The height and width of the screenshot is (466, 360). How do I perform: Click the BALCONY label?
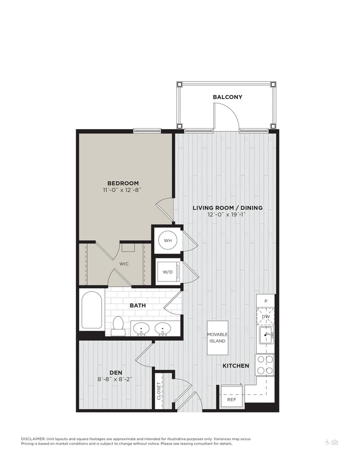click(227, 97)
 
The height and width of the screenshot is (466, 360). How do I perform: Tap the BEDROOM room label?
click(123, 183)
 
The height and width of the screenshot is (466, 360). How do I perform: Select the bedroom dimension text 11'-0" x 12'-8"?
click(123, 190)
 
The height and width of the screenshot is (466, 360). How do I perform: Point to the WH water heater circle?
click(167, 240)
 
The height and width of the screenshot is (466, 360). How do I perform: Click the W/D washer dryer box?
click(167, 272)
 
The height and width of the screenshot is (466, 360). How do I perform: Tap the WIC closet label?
click(125, 264)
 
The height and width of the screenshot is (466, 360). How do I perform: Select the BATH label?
click(137, 305)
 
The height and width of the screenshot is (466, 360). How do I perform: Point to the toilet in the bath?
click(118, 325)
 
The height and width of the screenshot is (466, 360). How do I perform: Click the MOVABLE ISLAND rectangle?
click(218, 337)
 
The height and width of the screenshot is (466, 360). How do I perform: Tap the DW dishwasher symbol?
click(266, 316)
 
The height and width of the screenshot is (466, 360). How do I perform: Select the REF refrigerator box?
click(231, 399)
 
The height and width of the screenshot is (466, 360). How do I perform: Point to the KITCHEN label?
click(236, 366)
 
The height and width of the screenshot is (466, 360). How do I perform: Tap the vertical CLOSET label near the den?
click(159, 391)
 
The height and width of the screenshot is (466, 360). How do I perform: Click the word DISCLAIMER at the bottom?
click(34, 439)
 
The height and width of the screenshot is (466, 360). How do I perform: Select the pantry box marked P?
click(266, 301)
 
